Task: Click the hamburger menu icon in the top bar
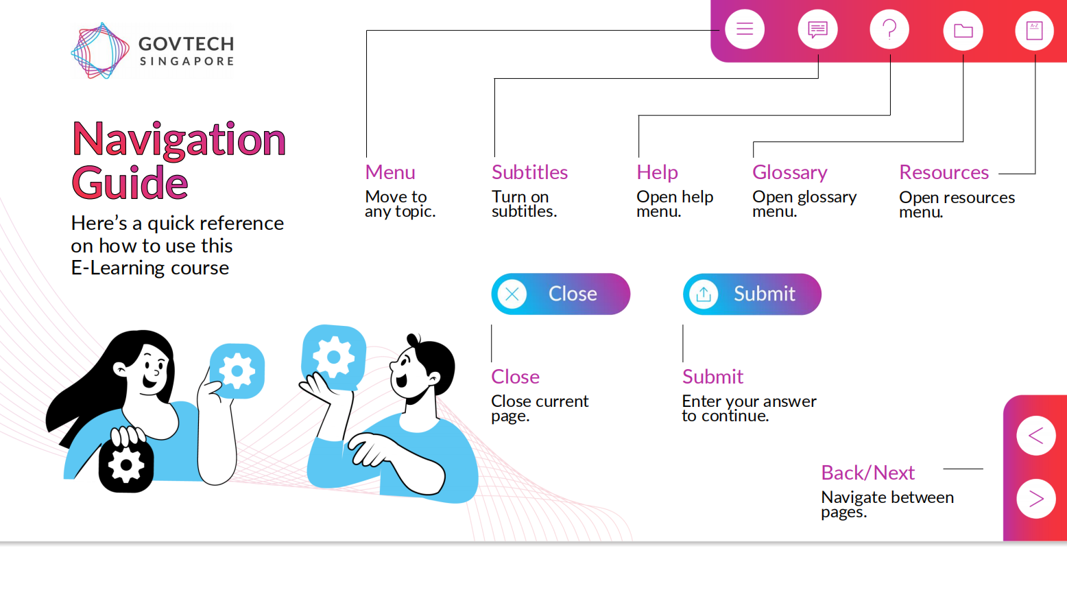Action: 745,29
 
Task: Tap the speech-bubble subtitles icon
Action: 817,29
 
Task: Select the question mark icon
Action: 889,29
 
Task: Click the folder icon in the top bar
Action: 963,30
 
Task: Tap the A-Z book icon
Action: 1034,30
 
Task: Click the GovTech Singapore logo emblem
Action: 100,51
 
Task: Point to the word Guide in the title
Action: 130,183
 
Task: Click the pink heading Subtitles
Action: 529,172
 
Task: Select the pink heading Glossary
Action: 790,173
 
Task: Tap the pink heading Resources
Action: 944,172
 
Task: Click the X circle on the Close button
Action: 512,294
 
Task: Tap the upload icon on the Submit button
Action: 704,294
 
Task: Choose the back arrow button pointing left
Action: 1036,436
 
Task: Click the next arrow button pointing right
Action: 1036,498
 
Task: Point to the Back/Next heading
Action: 867,473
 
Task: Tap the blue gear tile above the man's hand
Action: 333,357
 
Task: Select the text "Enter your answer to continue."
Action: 749,408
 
